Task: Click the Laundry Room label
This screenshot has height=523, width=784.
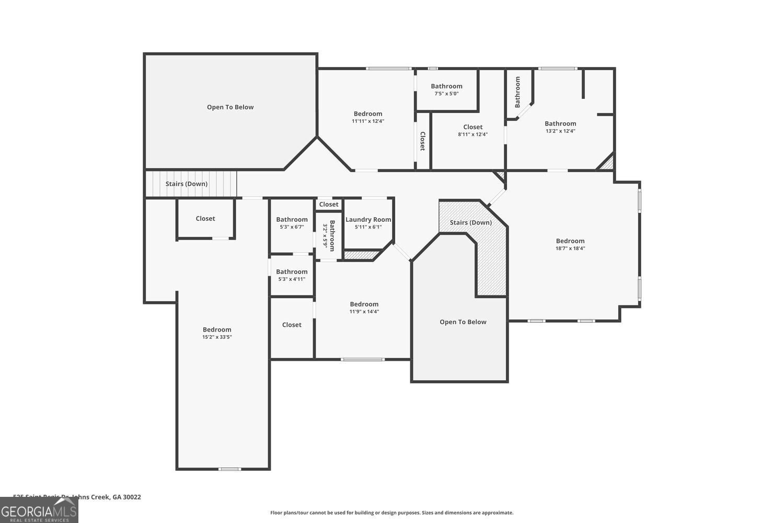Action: tap(368, 220)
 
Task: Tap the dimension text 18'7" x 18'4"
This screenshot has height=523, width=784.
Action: tap(570, 248)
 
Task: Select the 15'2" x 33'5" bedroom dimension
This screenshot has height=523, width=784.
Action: tap(217, 337)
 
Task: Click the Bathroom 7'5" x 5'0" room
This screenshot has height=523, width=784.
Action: tap(446, 89)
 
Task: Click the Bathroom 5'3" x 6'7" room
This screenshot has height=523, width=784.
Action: tap(292, 223)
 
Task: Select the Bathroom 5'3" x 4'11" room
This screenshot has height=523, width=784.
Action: tap(292, 275)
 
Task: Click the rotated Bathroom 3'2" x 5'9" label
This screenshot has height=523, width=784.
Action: tap(329, 236)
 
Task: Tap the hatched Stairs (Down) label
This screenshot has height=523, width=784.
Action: tap(470, 222)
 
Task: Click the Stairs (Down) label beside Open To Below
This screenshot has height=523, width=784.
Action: tap(187, 184)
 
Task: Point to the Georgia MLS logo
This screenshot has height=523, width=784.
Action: tap(39, 510)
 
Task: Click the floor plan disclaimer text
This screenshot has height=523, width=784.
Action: tap(391, 513)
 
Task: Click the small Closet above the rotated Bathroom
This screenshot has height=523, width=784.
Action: tap(329, 204)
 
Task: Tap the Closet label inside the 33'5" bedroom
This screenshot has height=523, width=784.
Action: tap(205, 219)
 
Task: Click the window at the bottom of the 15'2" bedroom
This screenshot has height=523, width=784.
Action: tap(229, 469)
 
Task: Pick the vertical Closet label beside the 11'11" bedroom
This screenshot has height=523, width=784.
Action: tap(422, 141)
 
